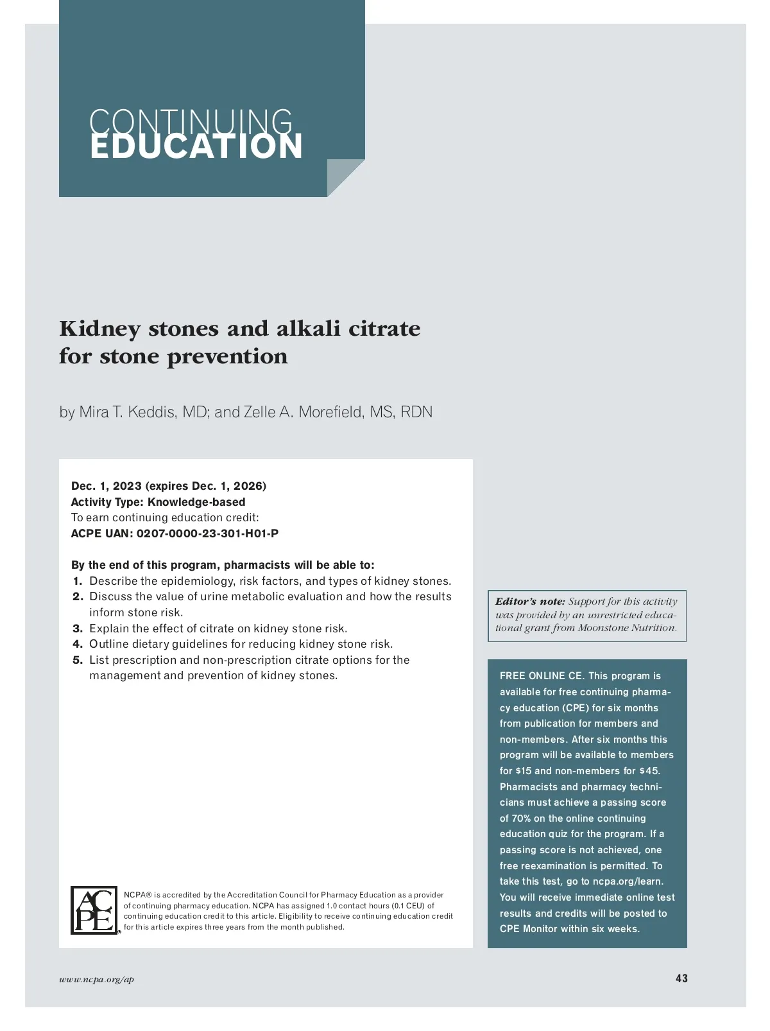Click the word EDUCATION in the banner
[x=196, y=146]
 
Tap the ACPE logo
[x=94, y=910]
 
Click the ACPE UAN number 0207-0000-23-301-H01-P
[x=207, y=533]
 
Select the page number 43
[x=681, y=978]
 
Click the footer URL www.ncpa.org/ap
[x=96, y=979]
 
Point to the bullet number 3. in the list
[x=78, y=628]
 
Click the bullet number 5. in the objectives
[x=78, y=660]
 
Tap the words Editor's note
[x=530, y=602]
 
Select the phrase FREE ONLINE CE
[x=542, y=676]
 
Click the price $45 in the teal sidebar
[x=649, y=771]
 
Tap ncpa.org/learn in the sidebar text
[x=628, y=881]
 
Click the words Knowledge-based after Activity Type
[x=196, y=502]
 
